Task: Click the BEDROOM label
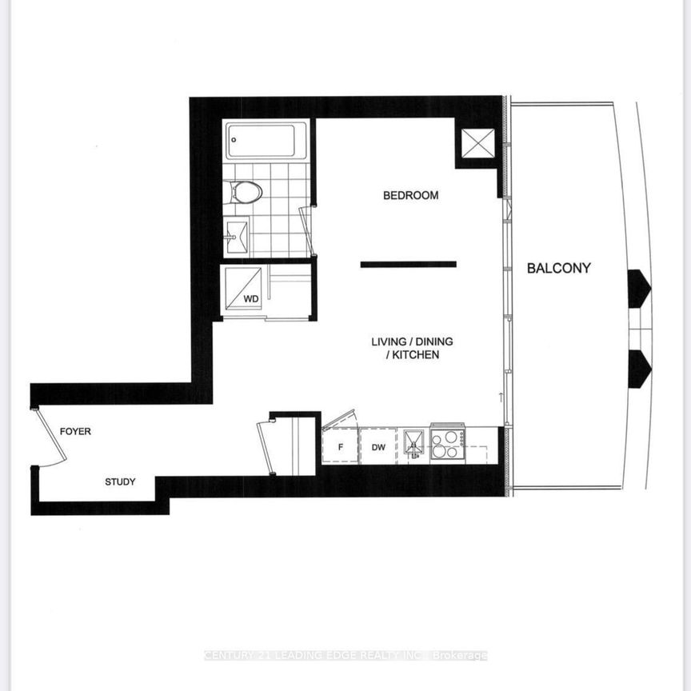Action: pyautogui.click(x=410, y=195)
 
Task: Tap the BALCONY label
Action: pyautogui.click(x=558, y=268)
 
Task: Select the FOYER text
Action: pyautogui.click(x=76, y=431)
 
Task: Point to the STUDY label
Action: pyautogui.click(x=120, y=481)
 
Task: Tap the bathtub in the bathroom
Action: pyautogui.click(x=266, y=141)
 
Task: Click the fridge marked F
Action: pyautogui.click(x=340, y=447)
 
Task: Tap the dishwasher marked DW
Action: pyautogui.click(x=378, y=447)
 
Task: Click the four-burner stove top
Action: pyautogui.click(x=448, y=443)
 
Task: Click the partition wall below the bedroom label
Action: pyautogui.click(x=408, y=264)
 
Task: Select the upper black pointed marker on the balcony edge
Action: pyautogui.click(x=639, y=288)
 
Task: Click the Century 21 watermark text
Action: pyautogui.click(x=345, y=656)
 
